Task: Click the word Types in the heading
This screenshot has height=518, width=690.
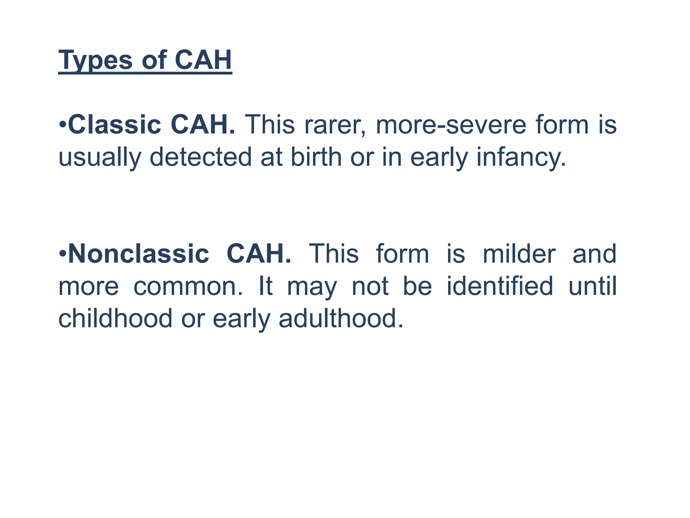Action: (x=95, y=61)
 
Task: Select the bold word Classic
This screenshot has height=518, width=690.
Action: (x=115, y=125)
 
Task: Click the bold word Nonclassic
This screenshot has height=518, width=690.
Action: (x=138, y=254)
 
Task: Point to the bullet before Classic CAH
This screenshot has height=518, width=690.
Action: (x=62, y=125)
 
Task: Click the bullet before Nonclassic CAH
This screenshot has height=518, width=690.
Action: (x=62, y=254)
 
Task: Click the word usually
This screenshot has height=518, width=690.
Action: (x=99, y=157)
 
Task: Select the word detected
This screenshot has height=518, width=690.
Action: (x=200, y=157)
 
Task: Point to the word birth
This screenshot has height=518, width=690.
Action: (x=316, y=157)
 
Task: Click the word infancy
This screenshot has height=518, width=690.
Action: (x=521, y=157)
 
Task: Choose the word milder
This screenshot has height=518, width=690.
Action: (x=519, y=254)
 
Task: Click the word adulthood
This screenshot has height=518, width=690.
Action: (x=341, y=319)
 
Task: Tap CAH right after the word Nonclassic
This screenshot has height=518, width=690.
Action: (x=258, y=254)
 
